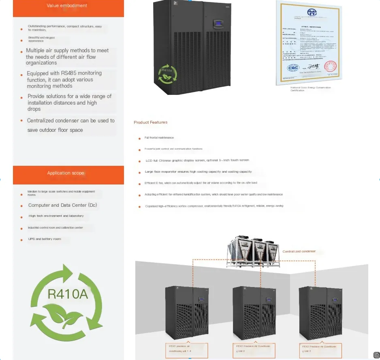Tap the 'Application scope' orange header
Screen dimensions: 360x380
click(x=66, y=173)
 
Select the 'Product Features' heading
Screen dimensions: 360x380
click(x=150, y=122)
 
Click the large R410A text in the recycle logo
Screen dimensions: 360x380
click(x=67, y=294)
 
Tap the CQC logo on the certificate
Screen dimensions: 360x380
click(x=292, y=68)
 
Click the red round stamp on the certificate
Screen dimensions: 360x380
click(x=330, y=66)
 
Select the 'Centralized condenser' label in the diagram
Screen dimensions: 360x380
click(x=299, y=252)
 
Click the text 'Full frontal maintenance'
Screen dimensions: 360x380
click(x=159, y=138)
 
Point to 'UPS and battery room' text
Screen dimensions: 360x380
click(x=45, y=239)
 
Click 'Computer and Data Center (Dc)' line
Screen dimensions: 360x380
click(x=62, y=205)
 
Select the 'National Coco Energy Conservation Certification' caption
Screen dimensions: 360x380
click(x=310, y=89)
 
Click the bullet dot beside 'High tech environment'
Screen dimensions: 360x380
click(x=21, y=217)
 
